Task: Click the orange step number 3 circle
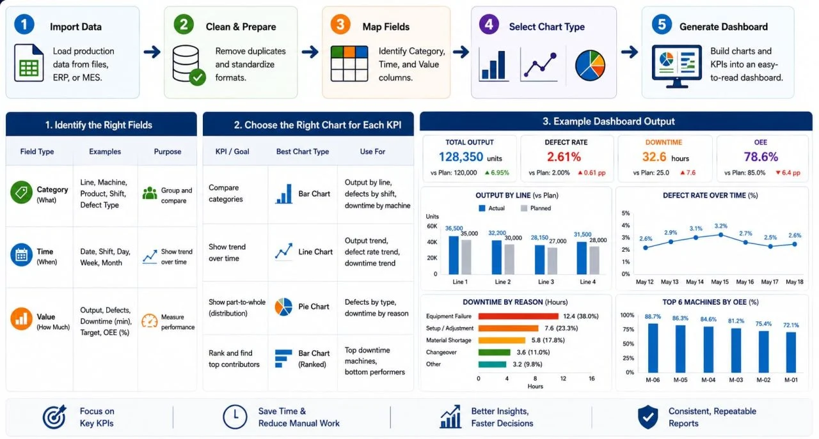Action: (340, 24)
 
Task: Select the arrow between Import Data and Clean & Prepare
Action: (152, 52)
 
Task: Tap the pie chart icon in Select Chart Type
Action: (590, 65)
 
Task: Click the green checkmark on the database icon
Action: (198, 77)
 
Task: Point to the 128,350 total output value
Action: (461, 157)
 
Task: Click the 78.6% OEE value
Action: (761, 157)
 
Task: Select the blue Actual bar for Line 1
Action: (454, 255)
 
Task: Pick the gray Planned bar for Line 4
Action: (594, 260)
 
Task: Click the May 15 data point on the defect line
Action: (720, 235)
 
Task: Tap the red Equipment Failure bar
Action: (518, 316)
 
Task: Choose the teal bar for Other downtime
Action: (492, 364)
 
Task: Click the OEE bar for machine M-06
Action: (653, 348)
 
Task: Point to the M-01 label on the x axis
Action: (791, 380)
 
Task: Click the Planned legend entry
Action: (536, 208)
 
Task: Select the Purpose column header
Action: (168, 151)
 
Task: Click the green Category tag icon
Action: (21, 192)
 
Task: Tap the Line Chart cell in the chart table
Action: (303, 252)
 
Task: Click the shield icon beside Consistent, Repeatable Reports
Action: (648, 417)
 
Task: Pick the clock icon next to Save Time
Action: (235, 417)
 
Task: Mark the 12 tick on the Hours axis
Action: (563, 378)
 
